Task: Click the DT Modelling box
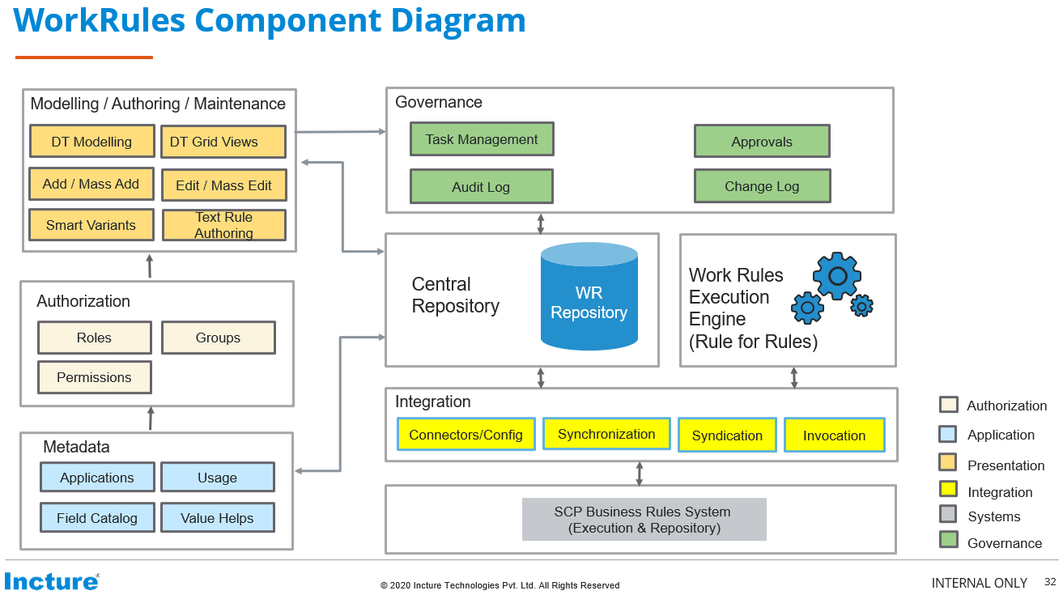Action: [x=91, y=141]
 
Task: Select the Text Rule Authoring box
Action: [x=223, y=225]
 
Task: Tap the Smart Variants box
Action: [x=91, y=225]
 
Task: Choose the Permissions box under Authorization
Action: [x=94, y=377]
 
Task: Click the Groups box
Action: [x=218, y=338]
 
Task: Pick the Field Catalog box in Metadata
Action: [x=96, y=518]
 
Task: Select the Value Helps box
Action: [x=217, y=518]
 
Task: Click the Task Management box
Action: [x=481, y=139]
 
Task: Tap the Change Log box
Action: [x=761, y=186]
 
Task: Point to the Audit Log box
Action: [x=481, y=187]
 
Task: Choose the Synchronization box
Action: [x=606, y=434]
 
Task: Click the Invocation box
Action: [x=834, y=435]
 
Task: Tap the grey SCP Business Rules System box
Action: [x=643, y=520]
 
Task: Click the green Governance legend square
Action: [x=948, y=540]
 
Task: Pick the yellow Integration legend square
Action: [x=948, y=489]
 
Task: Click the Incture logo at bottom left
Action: [x=51, y=581]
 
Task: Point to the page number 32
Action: [x=1050, y=582]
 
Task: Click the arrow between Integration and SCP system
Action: [x=639, y=474]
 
